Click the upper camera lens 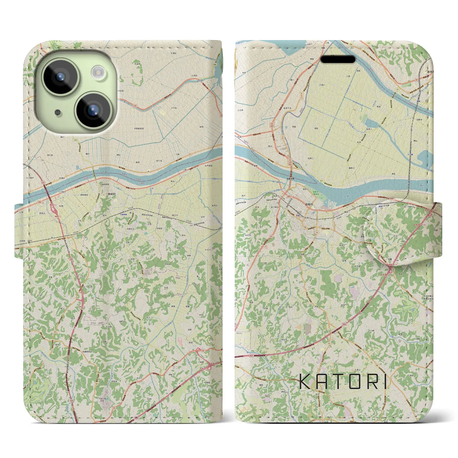[x=60, y=77]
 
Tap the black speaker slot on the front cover [x=338, y=59]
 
